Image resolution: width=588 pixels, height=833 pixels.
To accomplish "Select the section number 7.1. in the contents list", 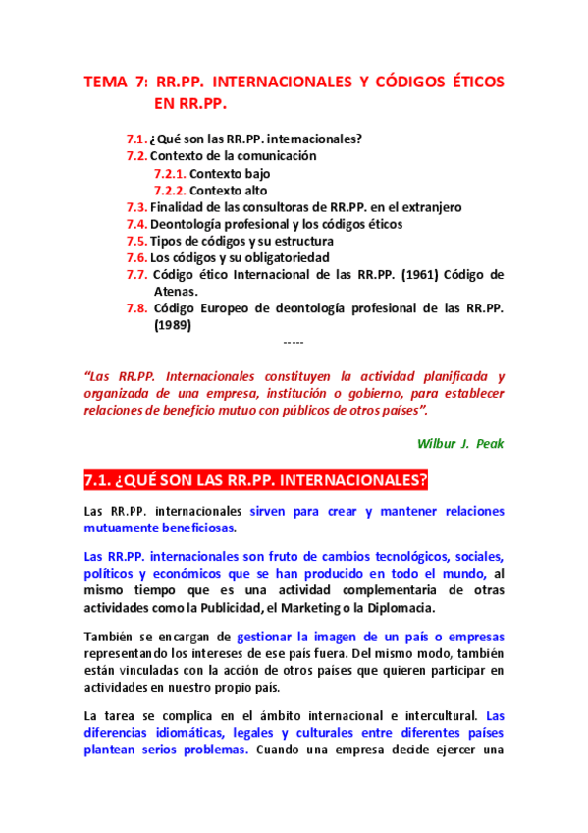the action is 136,139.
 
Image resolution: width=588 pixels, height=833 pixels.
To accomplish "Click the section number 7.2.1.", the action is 170,173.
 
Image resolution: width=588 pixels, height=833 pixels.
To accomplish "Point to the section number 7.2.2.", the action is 170,191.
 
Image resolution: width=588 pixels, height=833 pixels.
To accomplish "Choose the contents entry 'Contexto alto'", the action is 228,191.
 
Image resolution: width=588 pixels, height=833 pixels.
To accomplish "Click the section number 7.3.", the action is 136,207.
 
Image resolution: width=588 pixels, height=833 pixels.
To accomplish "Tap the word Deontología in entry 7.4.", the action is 190,224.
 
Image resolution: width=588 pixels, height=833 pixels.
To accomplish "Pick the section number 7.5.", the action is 136,241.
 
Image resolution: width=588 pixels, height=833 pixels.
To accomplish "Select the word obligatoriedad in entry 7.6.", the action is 290,257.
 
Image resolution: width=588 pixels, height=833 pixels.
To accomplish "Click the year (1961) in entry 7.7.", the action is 422,274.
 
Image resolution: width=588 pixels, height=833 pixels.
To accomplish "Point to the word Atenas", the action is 176,291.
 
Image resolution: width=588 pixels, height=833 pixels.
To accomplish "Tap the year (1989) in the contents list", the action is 173,325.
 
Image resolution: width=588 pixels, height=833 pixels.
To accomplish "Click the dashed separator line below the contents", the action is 293,343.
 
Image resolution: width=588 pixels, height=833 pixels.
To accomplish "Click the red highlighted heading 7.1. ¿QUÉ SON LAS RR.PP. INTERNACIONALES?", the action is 256,480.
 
